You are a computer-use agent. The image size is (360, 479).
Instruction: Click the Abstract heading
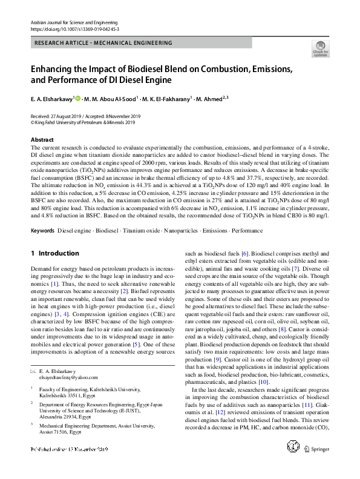pos(42,140)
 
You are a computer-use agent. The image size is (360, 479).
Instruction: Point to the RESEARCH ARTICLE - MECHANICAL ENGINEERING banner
pos(103,43)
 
